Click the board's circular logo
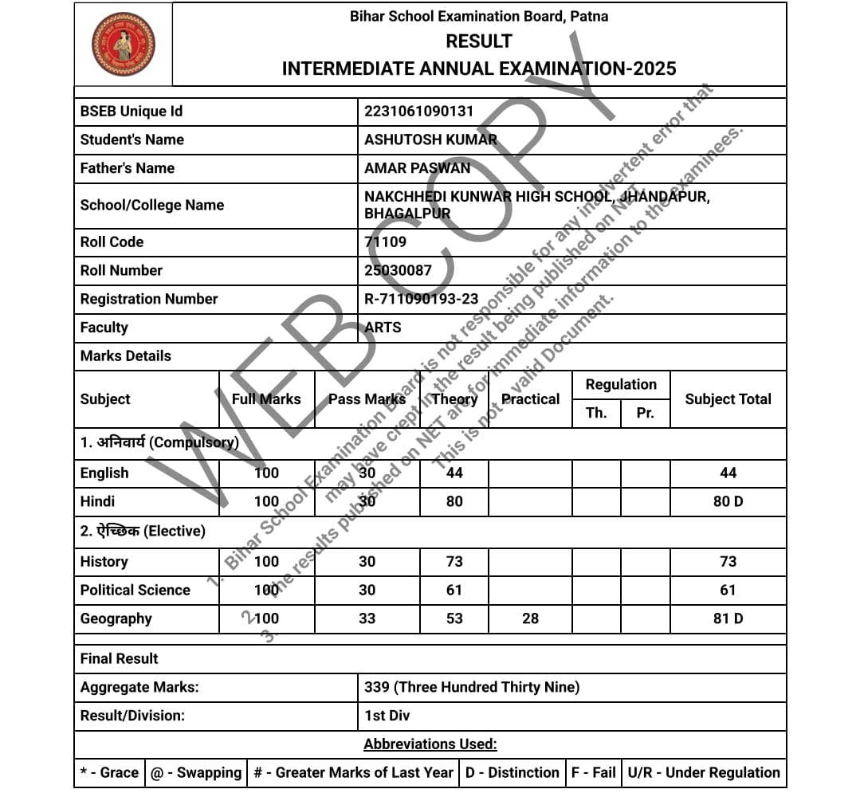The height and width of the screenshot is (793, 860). (x=124, y=44)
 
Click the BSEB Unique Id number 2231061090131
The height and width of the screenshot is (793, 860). (x=418, y=112)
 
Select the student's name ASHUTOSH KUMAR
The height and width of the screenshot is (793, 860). (x=430, y=139)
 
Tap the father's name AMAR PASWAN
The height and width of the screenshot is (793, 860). (x=417, y=168)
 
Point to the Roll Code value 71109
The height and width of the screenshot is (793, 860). (x=385, y=241)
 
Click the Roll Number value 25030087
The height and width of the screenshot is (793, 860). (x=398, y=270)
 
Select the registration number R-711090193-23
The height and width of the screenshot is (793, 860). (x=421, y=299)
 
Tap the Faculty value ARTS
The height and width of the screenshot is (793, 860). (x=383, y=328)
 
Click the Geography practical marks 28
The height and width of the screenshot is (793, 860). (x=530, y=618)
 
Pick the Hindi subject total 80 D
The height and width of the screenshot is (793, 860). (x=728, y=501)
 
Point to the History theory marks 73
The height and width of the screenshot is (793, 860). (x=454, y=561)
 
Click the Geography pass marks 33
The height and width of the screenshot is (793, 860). (x=367, y=618)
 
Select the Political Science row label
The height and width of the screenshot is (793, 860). (x=135, y=590)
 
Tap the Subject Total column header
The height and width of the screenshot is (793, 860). (x=728, y=399)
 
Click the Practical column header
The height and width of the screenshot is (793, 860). (x=530, y=399)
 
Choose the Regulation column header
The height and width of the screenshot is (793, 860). (x=621, y=385)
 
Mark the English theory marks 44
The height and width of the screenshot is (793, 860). (x=454, y=473)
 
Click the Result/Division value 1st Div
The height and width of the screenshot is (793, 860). (x=387, y=716)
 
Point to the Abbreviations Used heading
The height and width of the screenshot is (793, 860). (x=430, y=744)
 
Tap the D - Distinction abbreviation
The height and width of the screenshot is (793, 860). (x=512, y=772)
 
